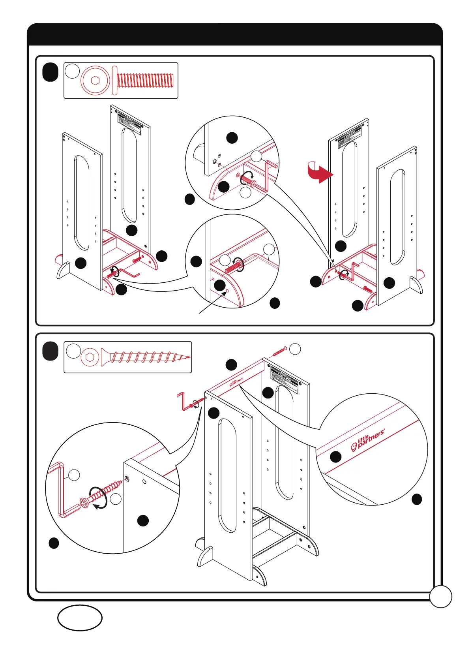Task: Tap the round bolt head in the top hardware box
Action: [95, 80]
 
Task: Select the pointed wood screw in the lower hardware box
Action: [145, 357]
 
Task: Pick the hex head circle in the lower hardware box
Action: [90, 357]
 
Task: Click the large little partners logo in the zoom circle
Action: [367, 440]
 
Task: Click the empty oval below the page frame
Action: [80, 618]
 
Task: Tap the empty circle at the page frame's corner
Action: [440, 596]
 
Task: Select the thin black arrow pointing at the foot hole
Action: [213, 302]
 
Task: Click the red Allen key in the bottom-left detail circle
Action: [59, 490]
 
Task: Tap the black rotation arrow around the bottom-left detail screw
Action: [98, 498]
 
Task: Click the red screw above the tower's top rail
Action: [279, 351]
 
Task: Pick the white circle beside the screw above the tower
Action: [295, 349]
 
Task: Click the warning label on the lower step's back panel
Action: [285, 379]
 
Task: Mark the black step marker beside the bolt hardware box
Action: [50, 72]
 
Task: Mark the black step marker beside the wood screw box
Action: [50, 351]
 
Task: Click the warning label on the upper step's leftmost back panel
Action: [129, 120]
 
